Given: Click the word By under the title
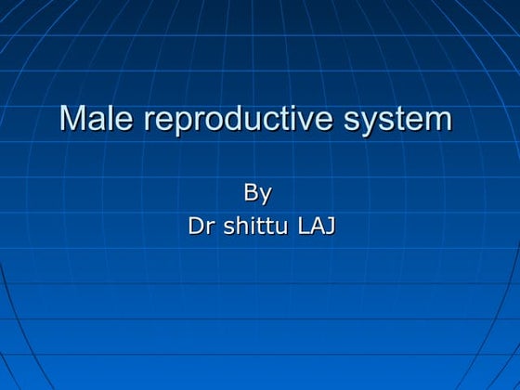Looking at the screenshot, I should (257, 193).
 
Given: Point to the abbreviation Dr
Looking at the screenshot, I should (200, 225).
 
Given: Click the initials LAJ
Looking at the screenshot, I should (316, 225).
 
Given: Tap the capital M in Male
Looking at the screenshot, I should (71, 119).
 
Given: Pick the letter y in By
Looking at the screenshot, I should (266, 196).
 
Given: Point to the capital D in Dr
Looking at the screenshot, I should (195, 225).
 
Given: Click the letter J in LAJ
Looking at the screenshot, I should (330, 225).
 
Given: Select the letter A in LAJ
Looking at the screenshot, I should (317, 225).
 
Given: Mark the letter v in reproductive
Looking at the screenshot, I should (296, 121).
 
